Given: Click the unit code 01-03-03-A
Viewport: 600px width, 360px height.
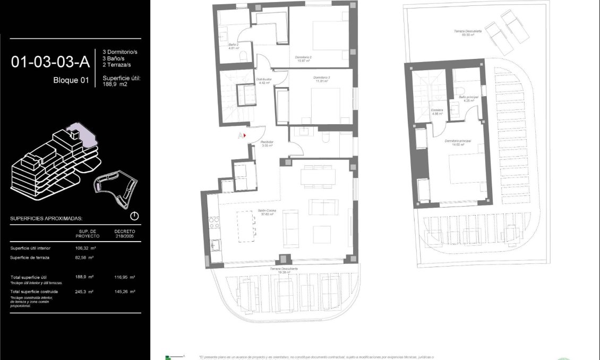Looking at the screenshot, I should click(x=50, y=62).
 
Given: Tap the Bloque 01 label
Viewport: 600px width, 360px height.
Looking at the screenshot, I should click(x=71, y=81).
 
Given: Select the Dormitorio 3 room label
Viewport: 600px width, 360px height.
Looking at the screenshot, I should click(x=320, y=80).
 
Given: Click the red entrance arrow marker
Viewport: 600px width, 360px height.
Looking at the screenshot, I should click(x=245, y=135).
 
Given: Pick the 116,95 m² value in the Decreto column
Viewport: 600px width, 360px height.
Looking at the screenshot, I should click(x=125, y=277).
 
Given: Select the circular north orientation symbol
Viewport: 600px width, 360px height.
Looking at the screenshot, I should click(x=134, y=216).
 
